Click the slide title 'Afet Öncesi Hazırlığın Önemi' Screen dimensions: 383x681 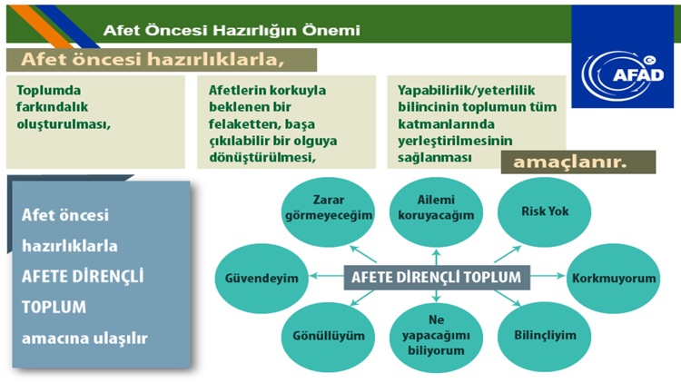232,30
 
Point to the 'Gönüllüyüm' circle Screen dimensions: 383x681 316,335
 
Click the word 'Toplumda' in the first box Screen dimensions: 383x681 49,91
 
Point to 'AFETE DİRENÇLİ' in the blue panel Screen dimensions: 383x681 83,276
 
